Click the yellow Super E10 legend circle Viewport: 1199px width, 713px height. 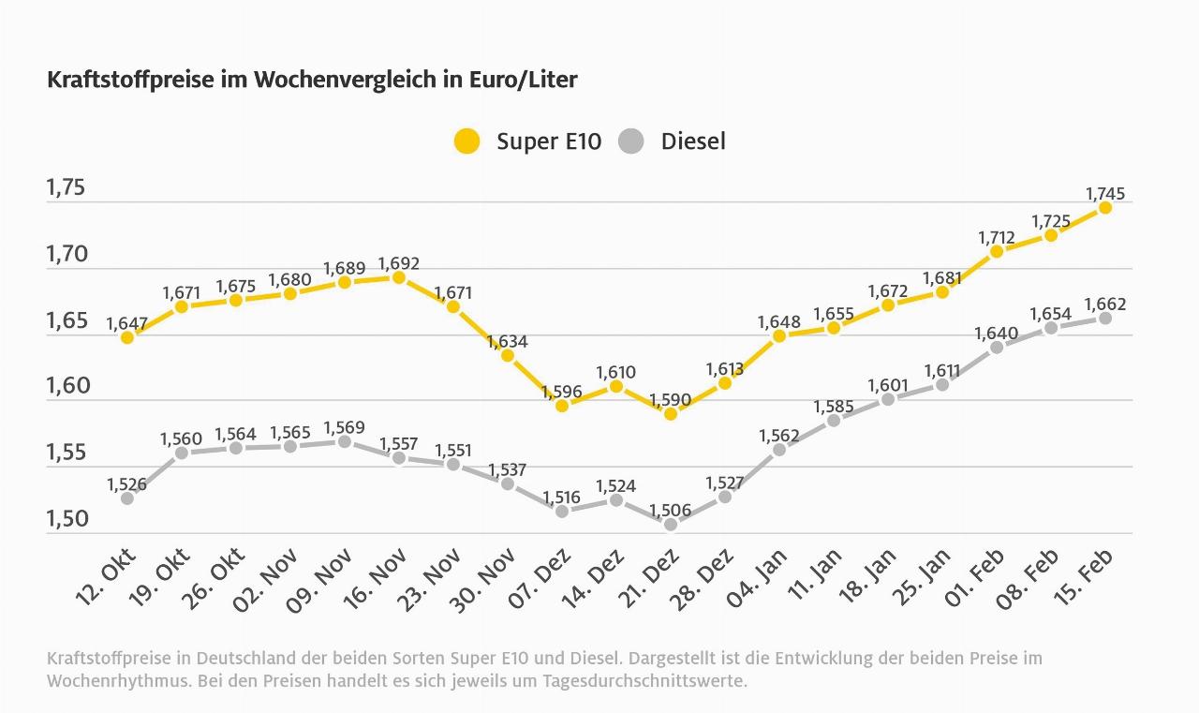[x=466, y=141]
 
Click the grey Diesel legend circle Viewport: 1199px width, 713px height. [x=631, y=141]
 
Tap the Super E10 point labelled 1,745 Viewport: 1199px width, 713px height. [x=1104, y=207]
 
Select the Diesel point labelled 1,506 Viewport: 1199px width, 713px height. [x=670, y=525]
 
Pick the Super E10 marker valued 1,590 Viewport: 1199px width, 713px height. [x=670, y=413]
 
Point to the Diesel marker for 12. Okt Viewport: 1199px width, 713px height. [x=127, y=498]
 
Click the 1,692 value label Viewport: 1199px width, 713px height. [x=399, y=263]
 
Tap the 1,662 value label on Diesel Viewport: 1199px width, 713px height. [x=1104, y=305]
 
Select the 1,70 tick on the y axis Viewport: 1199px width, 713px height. [x=67, y=254]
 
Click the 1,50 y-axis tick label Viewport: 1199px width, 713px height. [x=67, y=519]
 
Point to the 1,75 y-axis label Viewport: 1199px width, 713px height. [x=67, y=187]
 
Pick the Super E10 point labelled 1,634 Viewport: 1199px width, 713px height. [x=507, y=355]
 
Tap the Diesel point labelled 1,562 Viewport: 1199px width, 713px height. [x=778, y=450]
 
